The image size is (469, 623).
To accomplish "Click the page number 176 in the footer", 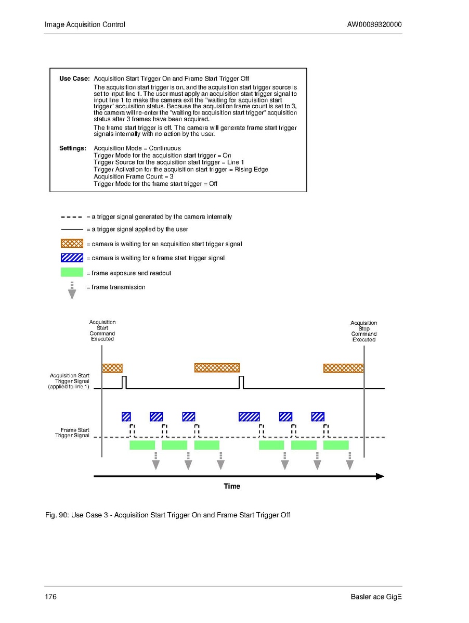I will click(x=50, y=596).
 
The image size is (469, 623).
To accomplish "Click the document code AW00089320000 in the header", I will click(x=374, y=24).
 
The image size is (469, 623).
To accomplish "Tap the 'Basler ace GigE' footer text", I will click(x=376, y=596).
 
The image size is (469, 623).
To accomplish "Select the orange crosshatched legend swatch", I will click(x=72, y=244).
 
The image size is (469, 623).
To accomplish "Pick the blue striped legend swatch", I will click(x=72, y=258).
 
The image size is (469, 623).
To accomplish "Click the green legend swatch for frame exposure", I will click(x=72, y=272).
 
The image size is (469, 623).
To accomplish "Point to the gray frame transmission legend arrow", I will click(x=72, y=291).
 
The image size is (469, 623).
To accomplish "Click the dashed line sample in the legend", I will click(x=72, y=217).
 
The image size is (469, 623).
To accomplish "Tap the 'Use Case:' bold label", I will click(x=74, y=79).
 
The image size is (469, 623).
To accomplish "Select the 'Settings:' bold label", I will click(x=72, y=148).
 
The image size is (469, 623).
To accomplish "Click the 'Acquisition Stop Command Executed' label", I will click(x=363, y=331).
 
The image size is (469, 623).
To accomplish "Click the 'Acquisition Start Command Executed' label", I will click(x=102, y=330).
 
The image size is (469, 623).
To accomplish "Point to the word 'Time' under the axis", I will click(x=232, y=486).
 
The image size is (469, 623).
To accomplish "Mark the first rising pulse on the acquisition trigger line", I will click(x=124, y=383).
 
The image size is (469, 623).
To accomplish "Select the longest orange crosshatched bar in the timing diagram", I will click(x=217, y=367).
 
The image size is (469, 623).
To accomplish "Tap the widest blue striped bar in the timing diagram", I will click(x=249, y=416).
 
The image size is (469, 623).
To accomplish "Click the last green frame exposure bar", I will click(x=336, y=445).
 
